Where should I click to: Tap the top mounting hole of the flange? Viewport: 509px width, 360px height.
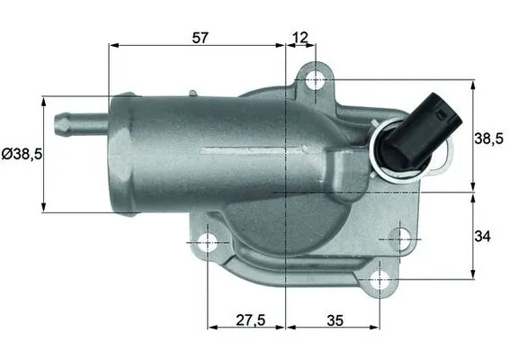pos(314,80)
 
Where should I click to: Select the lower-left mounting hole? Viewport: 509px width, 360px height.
pos(208,241)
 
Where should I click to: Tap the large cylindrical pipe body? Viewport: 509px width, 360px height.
pos(198,148)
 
